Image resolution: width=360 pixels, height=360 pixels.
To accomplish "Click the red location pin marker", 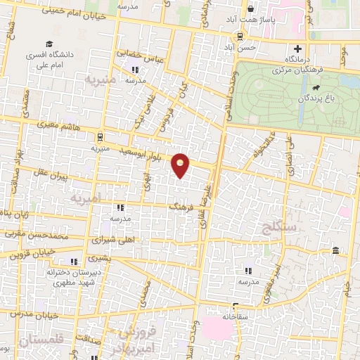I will click(x=181, y=166).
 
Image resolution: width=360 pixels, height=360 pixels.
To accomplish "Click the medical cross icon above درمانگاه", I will click(x=297, y=49).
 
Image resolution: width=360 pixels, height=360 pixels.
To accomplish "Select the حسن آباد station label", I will click(x=253, y=46).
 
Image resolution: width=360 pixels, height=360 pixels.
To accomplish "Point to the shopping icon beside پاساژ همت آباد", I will click(x=250, y=10).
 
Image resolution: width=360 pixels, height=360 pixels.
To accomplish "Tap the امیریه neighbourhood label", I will click(x=86, y=198).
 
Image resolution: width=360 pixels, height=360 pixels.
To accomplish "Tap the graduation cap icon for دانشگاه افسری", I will click(x=48, y=43).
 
